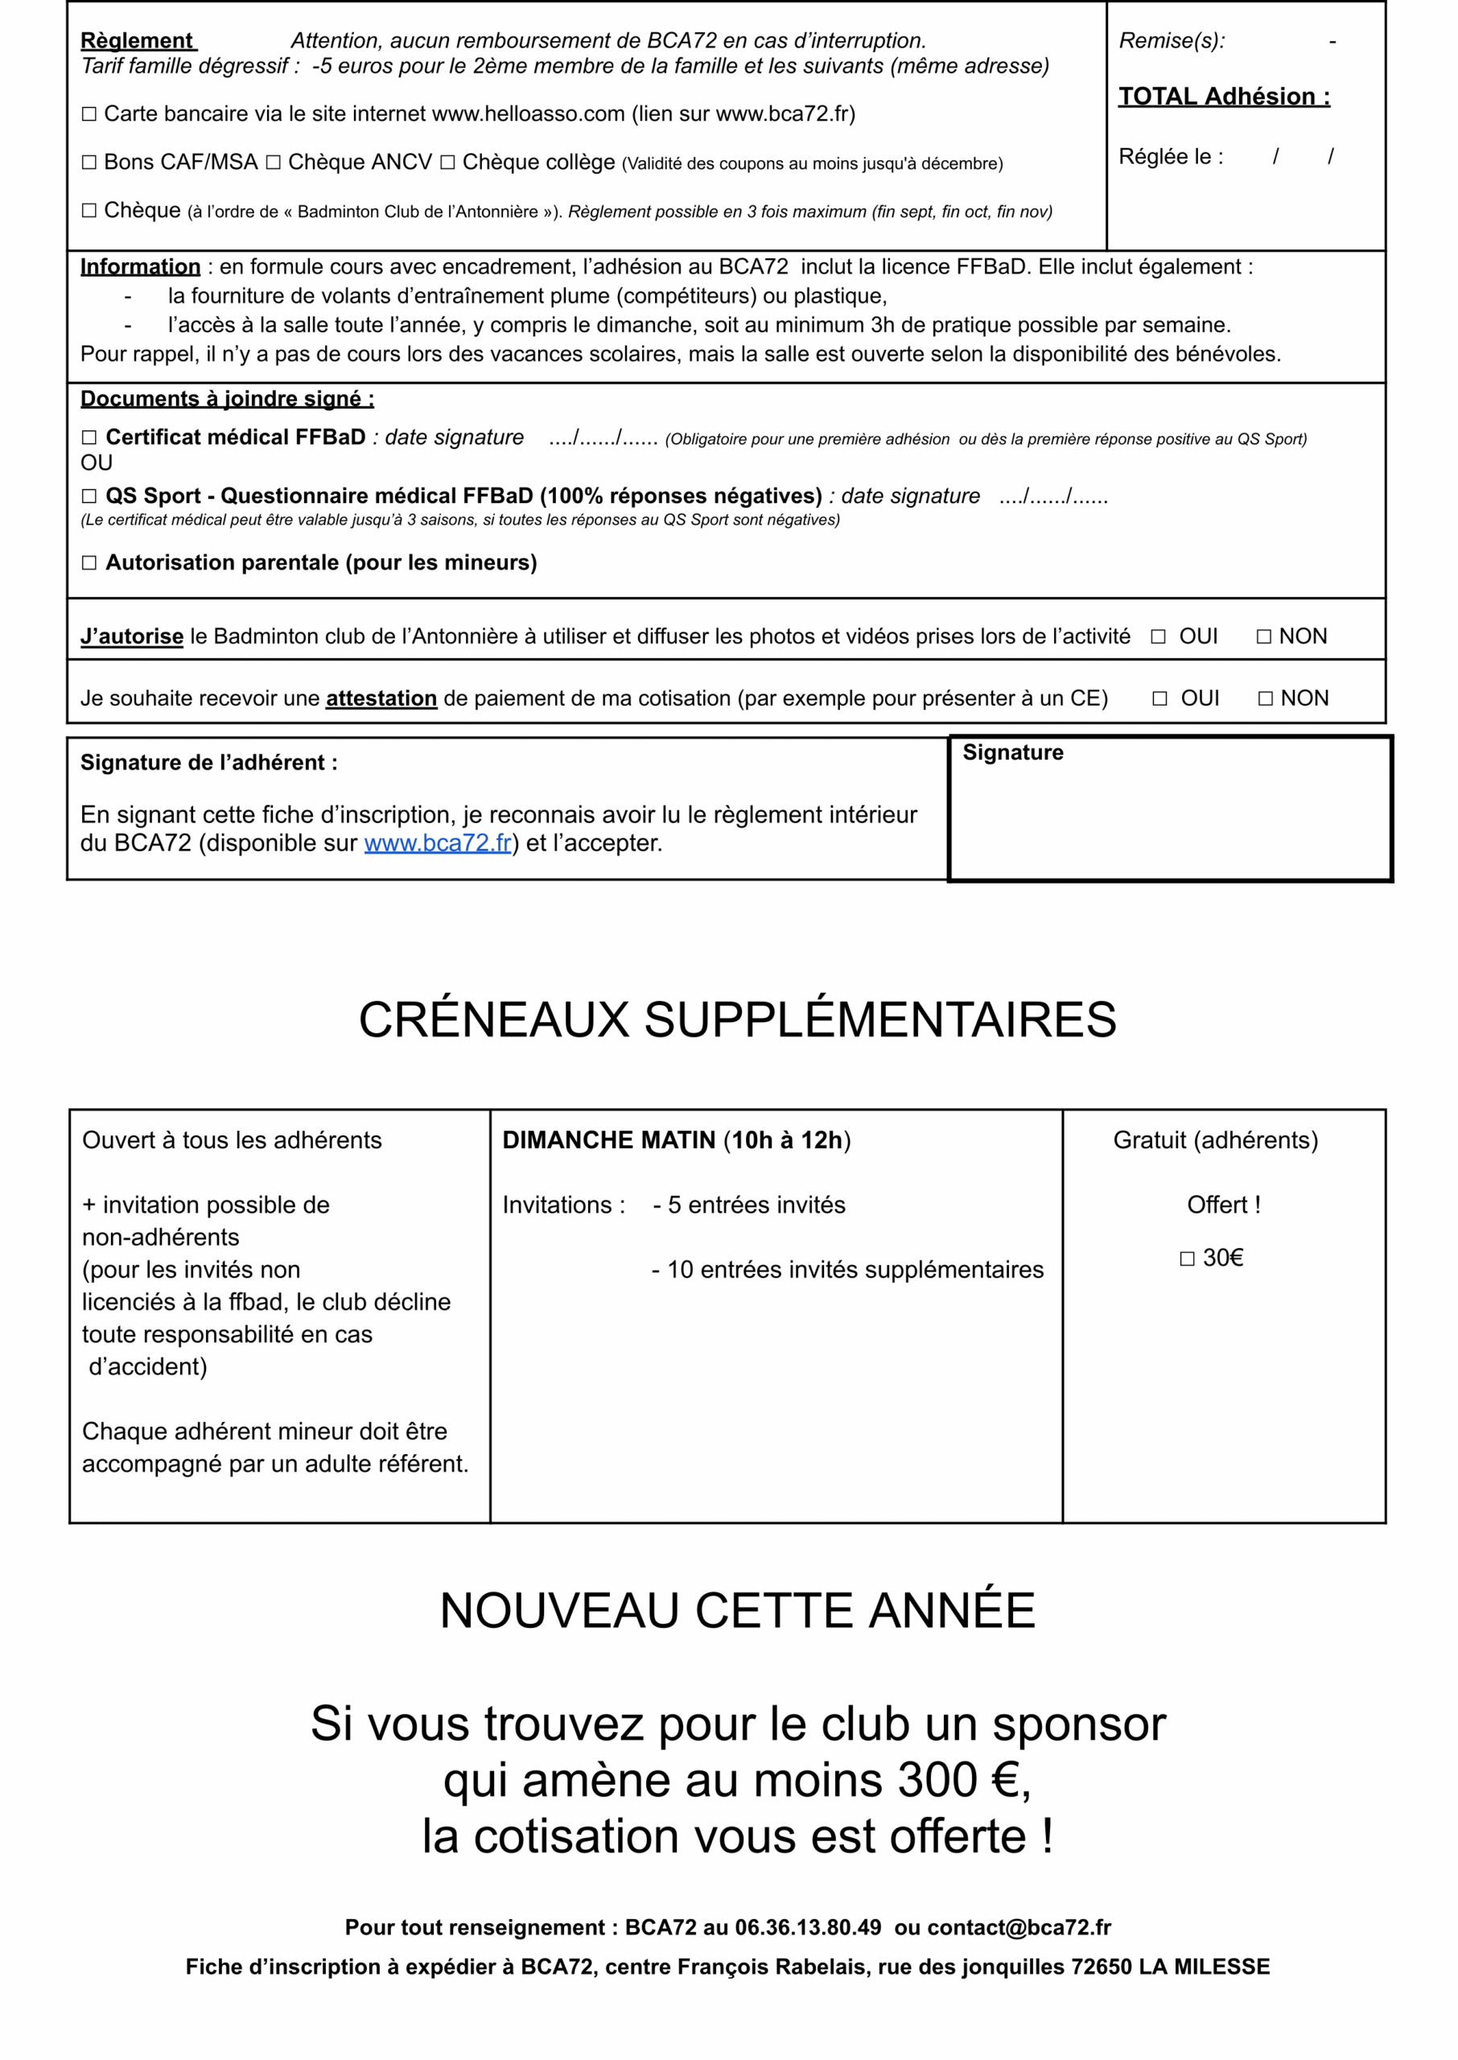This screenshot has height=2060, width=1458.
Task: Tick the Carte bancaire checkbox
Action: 89,114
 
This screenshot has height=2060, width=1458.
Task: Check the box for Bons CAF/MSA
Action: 89,163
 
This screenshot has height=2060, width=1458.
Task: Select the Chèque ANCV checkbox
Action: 273,163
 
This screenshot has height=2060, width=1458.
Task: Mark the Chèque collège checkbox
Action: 447,163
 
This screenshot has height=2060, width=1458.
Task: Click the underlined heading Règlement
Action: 138,40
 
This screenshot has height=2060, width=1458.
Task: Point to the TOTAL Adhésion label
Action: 1224,96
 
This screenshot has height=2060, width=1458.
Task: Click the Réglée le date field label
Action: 1170,157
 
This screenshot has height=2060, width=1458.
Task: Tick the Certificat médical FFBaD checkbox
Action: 89,438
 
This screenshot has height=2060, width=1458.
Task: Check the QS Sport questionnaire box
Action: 89,496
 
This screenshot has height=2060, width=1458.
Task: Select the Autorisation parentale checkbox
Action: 89,562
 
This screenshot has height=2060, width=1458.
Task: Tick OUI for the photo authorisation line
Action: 1158,637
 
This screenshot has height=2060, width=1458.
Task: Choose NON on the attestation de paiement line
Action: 1266,699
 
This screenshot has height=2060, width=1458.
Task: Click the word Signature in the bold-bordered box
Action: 1013,753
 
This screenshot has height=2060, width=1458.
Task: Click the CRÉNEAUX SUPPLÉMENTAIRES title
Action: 737,1020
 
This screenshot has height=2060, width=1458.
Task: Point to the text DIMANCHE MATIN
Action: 608,1140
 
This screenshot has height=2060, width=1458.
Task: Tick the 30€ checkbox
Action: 1187,1259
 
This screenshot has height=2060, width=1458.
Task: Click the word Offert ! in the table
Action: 1224,1205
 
